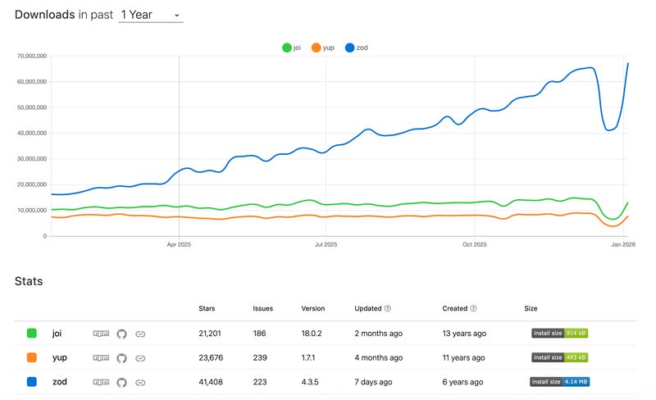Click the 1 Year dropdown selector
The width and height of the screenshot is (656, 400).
click(151, 15)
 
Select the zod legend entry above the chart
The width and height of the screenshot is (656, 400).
click(357, 48)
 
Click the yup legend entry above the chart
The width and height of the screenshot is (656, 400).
click(323, 48)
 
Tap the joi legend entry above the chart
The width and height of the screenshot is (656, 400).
click(292, 48)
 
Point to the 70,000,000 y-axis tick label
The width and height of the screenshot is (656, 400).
click(32, 56)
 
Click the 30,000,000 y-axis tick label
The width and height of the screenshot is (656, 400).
click(32, 159)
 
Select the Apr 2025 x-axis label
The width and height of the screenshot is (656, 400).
click(179, 244)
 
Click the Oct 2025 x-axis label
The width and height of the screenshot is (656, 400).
click(475, 244)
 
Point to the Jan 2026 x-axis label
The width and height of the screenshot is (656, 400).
click(623, 244)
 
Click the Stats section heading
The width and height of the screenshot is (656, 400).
click(29, 281)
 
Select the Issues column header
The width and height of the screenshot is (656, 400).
click(262, 308)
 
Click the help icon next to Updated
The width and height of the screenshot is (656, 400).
click(388, 308)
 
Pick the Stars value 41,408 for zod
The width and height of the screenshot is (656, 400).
click(211, 382)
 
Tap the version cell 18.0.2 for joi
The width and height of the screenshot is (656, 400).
click(312, 334)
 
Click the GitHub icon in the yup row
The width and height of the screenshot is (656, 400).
click(121, 358)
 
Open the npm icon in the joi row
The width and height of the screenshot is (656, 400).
click(101, 334)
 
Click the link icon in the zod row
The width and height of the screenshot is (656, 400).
click(140, 383)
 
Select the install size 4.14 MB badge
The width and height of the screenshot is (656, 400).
click(560, 382)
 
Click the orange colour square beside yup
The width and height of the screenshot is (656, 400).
click(32, 357)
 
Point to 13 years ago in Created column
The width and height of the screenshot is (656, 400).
click(464, 334)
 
